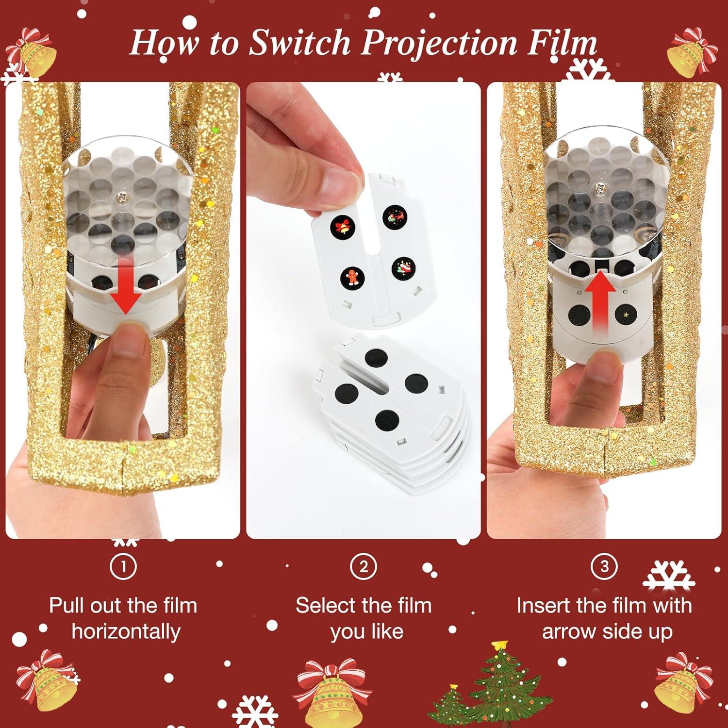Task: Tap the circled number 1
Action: [x=123, y=566]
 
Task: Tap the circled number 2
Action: [x=364, y=566]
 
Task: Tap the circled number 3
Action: [x=604, y=566]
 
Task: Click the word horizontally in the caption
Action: [x=126, y=631]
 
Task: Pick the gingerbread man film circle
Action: [x=351, y=276]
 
